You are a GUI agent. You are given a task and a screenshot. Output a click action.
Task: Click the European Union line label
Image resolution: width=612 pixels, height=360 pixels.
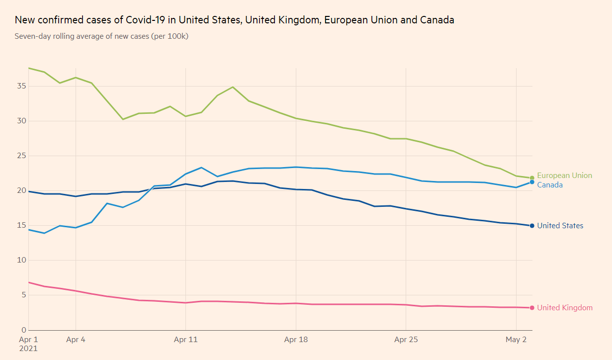pyautogui.click(x=564, y=176)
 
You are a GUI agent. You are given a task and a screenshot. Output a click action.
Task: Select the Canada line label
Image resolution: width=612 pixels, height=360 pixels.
pyautogui.click(x=550, y=185)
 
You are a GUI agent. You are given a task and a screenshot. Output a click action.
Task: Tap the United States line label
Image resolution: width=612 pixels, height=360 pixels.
pyautogui.click(x=560, y=226)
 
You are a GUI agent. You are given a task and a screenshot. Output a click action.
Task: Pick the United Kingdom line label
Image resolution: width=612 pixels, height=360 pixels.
pyautogui.click(x=565, y=308)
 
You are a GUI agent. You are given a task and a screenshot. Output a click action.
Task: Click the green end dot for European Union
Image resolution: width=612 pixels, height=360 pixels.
pyautogui.click(x=532, y=178)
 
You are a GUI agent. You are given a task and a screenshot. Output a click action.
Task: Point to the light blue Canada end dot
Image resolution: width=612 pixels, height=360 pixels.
pyautogui.click(x=532, y=182)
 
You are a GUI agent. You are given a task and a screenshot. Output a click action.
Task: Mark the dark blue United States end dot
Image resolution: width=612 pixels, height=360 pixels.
pyautogui.click(x=532, y=226)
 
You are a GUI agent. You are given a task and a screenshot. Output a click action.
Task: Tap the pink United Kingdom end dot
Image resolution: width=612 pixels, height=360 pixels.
pyautogui.click(x=532, y=308)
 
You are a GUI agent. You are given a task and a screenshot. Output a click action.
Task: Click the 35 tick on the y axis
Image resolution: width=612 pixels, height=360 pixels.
pyautogui.click(x=20, y=86)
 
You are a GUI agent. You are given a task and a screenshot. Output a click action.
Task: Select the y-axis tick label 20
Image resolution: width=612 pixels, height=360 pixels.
pyautogui.click(x=20, y=190)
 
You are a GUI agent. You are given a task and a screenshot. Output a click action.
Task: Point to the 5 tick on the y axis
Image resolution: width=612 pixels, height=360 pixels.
pyautogui.click(x=22, y=295)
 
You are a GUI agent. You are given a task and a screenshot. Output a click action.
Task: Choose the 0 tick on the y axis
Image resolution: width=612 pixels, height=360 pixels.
pyautogui.click(x=22, y=330)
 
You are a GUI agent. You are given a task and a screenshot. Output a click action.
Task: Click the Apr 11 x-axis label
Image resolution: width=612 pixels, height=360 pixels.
pyautogui.click(x=185, y=340)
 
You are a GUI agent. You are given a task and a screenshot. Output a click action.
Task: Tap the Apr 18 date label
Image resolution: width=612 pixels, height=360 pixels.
pyautogui.click(x=296, y=340)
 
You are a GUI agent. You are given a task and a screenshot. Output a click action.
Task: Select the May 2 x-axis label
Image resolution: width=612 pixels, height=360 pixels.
pyautogui.click(x=517, y=340)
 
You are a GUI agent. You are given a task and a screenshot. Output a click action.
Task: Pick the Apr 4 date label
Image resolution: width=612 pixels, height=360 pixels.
pyautogui.click(x=76, y=340)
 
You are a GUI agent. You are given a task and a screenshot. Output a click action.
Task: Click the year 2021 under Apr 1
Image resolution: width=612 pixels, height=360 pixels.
pyautogui.click(x=29, y=349)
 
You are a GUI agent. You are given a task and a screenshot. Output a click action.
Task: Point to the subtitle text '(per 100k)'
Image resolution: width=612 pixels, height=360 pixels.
pyautogui.click(x=170, y=36)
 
